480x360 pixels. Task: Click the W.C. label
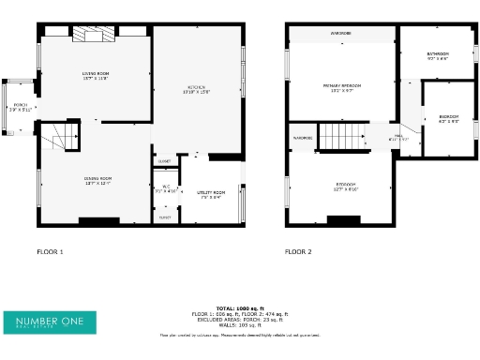[x=165, y=188]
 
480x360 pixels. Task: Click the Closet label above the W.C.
[x=164, y=161]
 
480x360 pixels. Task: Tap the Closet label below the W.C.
[x=165, y=217]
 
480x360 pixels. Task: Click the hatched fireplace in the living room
[x=94, y=36]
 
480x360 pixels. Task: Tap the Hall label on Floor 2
[x=399, y=137]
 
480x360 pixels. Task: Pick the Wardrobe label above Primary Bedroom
[x=341, y=33]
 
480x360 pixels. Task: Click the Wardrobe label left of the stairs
[x=302, y=138]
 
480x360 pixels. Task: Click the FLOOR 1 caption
[x=50, y=252]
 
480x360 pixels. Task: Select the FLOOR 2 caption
[x=298, y=252]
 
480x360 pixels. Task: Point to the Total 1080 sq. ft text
[x=239, y=307]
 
